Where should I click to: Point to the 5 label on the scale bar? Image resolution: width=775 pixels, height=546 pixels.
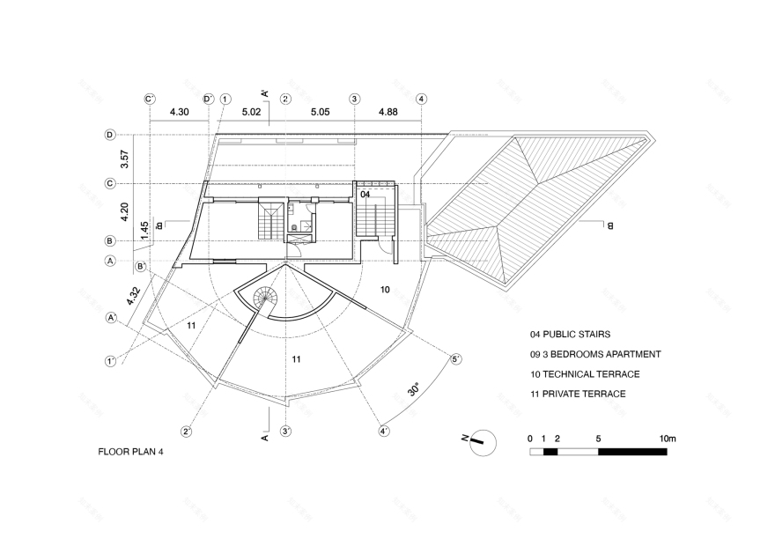598,438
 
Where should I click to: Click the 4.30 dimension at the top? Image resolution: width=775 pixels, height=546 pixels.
179,112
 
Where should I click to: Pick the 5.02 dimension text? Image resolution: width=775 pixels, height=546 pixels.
251,112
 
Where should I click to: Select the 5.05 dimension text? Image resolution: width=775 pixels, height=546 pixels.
319,112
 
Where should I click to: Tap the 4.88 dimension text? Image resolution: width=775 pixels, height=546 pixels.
387,112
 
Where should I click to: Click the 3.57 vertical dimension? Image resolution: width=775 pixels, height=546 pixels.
125,159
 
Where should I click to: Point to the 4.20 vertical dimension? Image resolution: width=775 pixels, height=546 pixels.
125,212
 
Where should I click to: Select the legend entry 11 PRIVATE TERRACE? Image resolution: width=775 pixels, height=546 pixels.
578,394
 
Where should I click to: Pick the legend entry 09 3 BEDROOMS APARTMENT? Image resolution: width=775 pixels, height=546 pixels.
595,354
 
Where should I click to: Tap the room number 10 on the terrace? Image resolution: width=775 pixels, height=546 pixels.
385,289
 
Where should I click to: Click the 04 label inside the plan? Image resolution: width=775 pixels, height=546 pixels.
365,193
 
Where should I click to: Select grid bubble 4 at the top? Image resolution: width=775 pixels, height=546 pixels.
422,99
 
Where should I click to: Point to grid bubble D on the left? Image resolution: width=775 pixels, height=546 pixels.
110,135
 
